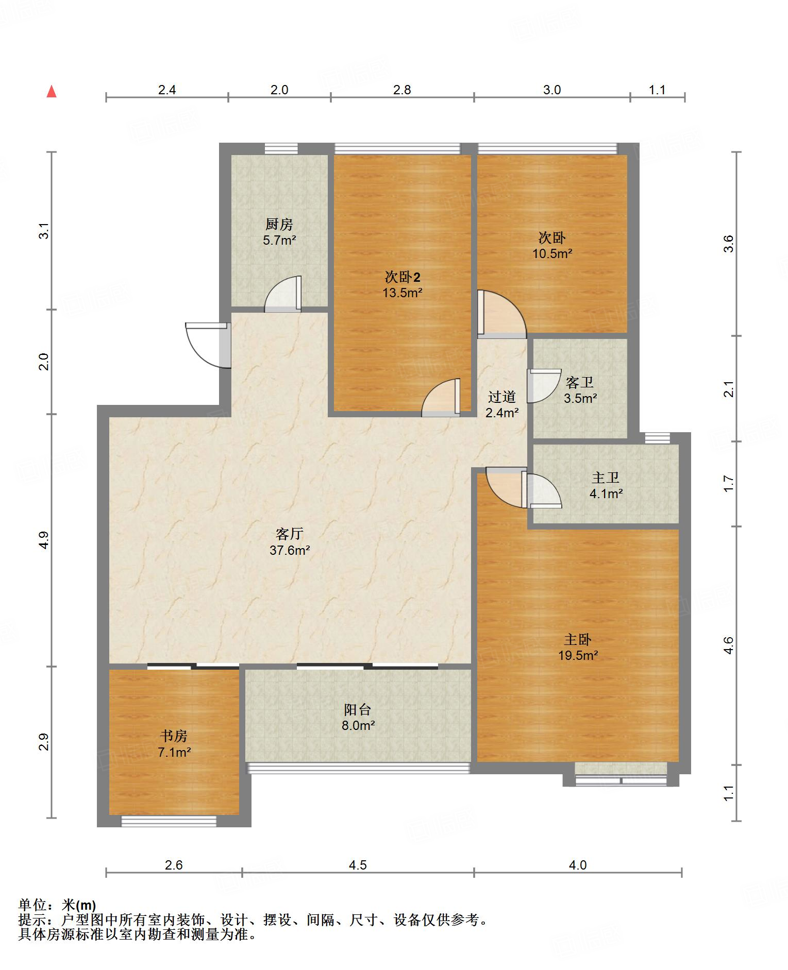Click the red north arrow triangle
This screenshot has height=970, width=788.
[52, 92]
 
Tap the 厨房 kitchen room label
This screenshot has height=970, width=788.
[279, 225]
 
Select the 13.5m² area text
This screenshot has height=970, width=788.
[403, 293]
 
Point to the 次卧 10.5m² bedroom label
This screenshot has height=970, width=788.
[552, 238]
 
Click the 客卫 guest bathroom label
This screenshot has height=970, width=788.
[580, 383]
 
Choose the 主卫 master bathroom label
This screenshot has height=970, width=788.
[606, 478]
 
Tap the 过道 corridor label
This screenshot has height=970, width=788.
[502, 397]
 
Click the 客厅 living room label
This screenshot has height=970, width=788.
[290, 534]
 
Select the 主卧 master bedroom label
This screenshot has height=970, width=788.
[578, 640]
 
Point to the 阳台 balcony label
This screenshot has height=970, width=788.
[358, 710]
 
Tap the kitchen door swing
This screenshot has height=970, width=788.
[283, 294]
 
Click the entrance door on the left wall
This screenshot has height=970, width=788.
[208, 345]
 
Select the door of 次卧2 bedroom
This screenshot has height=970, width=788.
[441, 398]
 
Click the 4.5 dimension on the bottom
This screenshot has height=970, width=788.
[358, 865]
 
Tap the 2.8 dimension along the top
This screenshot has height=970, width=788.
[402, 90]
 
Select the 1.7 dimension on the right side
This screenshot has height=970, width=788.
[728, 483]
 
